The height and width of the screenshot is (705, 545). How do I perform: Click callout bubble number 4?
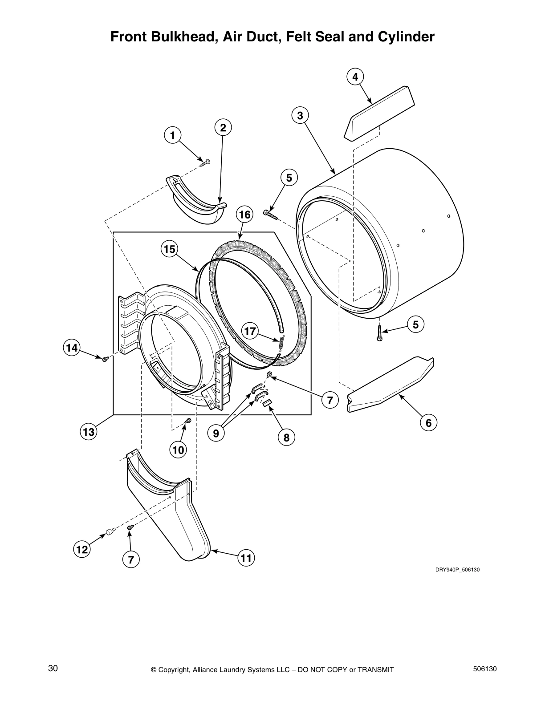coord(355,77)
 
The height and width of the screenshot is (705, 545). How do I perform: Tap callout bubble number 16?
coord(244,215)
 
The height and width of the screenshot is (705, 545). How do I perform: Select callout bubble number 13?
coord(88,431)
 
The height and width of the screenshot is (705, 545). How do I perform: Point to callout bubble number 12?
coord(82,550)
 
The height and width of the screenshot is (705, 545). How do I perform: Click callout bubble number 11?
coord(246,558)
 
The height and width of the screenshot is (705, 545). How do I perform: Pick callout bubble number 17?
coord(250,331)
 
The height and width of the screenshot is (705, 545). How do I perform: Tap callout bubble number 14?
coord(72,347)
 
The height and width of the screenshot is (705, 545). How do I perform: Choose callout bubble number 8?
coord(286,438)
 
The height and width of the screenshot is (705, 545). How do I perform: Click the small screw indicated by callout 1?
coord(205,162)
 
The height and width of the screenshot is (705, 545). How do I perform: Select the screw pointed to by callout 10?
coord(188,421)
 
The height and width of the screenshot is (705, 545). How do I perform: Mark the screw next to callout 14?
coord(105,359)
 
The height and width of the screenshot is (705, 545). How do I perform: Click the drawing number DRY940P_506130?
coord(457,570)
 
